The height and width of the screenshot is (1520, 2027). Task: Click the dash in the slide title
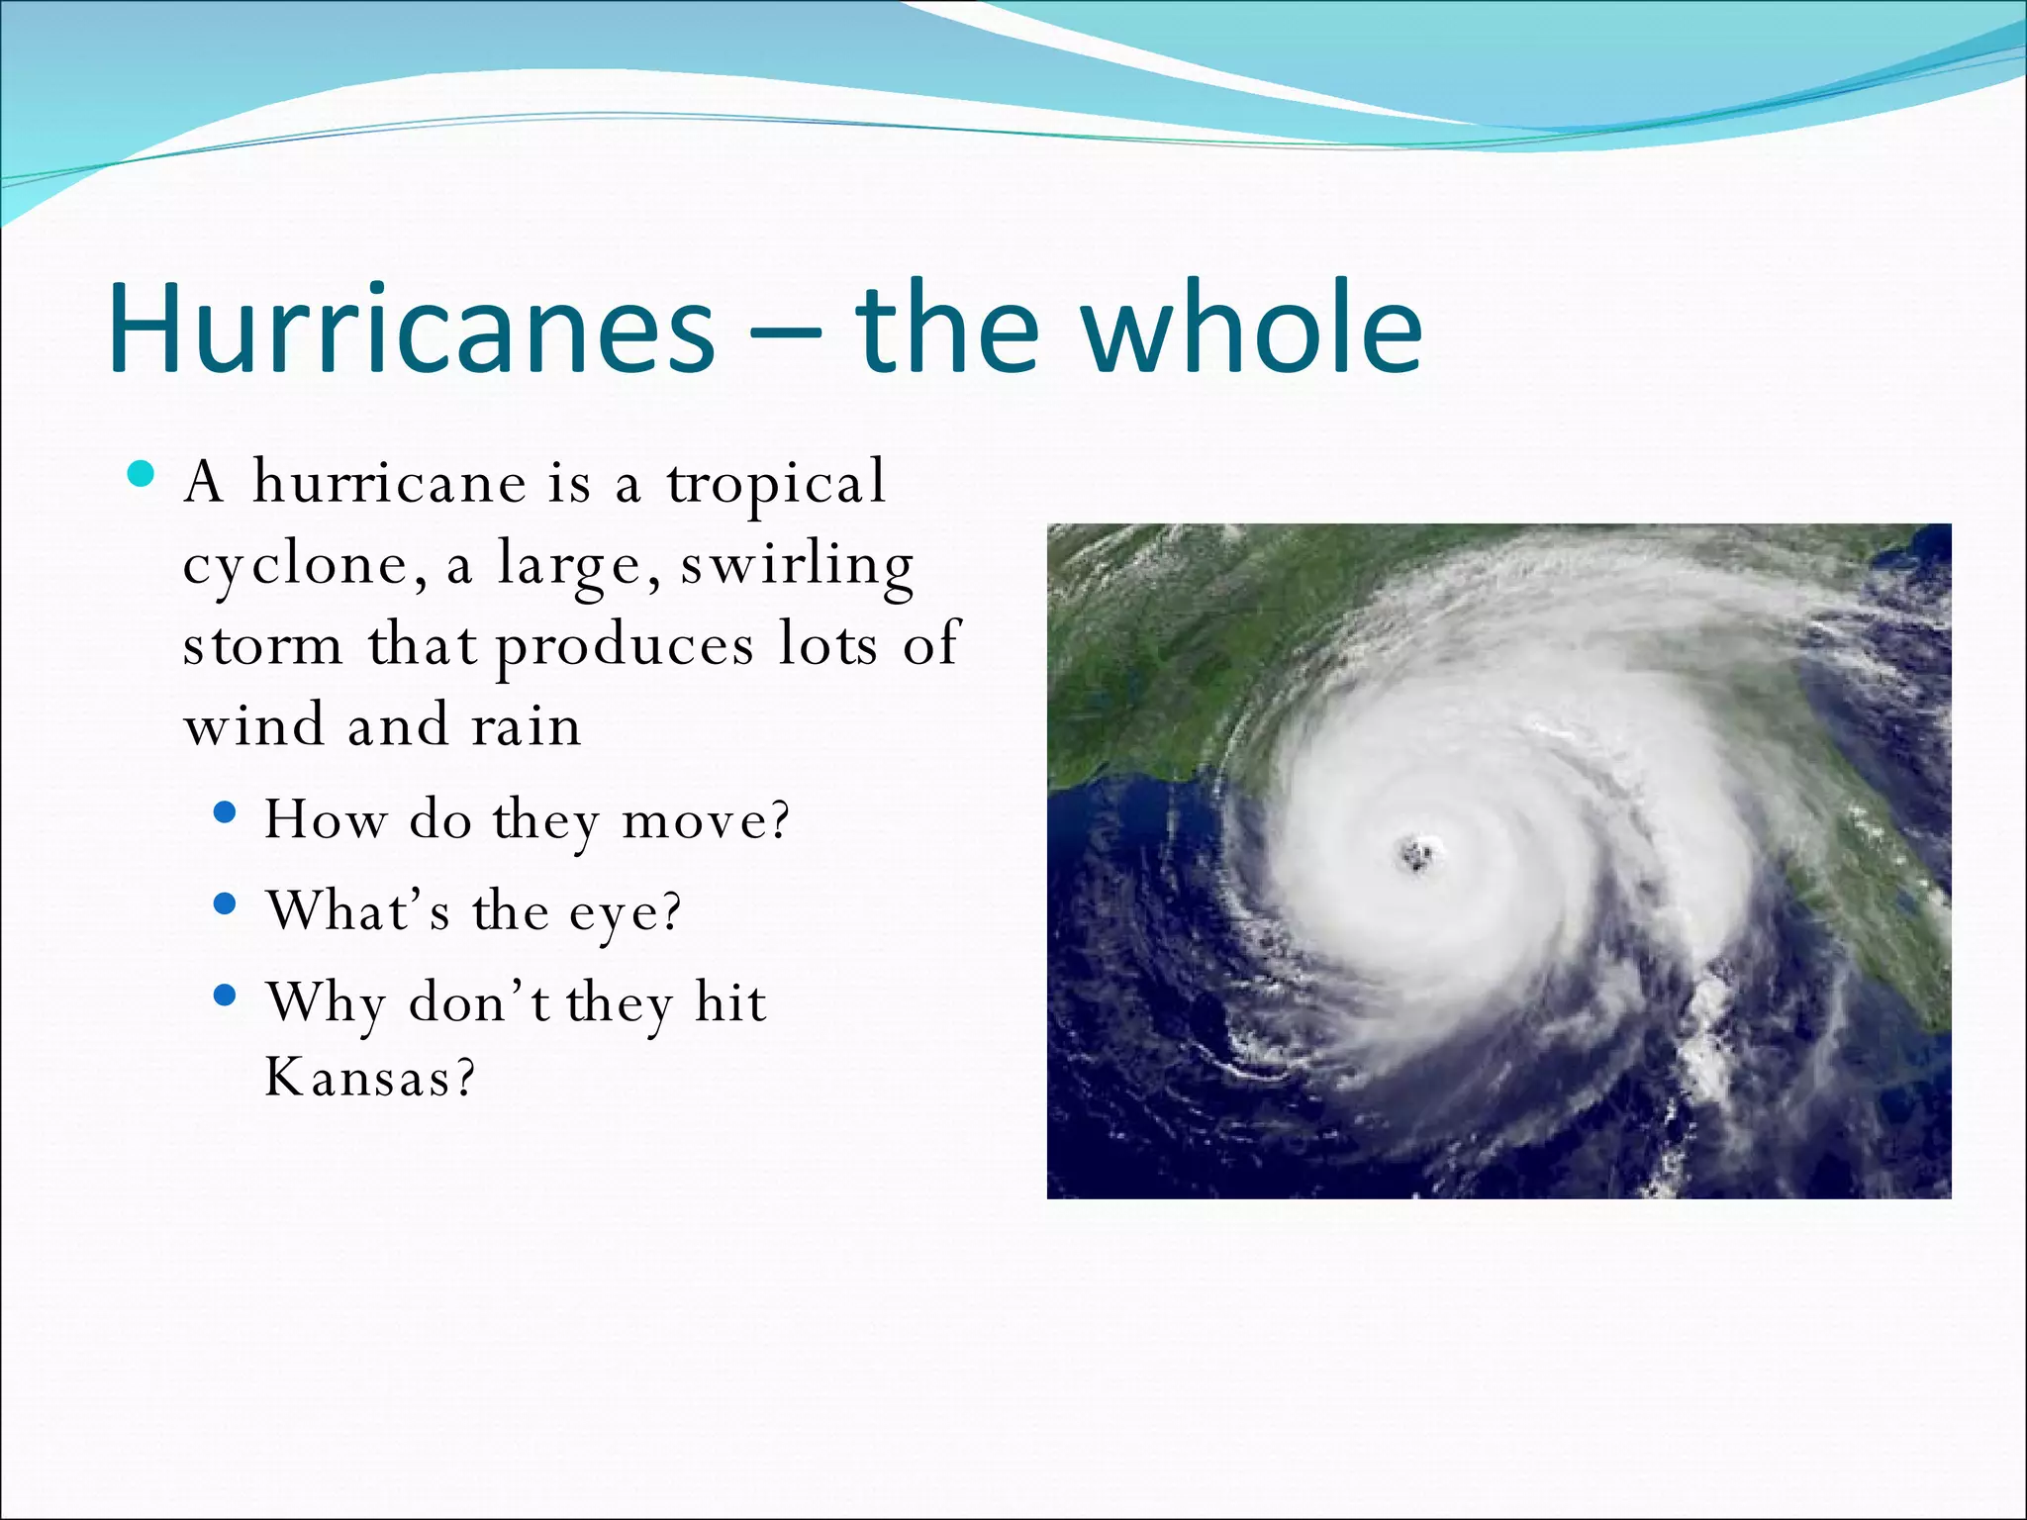785,334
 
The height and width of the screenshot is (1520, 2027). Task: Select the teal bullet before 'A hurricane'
142,474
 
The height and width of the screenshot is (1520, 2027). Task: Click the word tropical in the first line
776,485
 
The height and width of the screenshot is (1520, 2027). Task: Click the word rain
526,725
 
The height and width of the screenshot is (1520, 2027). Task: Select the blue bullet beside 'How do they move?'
226,812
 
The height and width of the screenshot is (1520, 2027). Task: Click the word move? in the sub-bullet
705,820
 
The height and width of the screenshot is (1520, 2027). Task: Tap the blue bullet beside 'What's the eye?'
226,903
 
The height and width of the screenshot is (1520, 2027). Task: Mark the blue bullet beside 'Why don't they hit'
226,995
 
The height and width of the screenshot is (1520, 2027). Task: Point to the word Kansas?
369,1077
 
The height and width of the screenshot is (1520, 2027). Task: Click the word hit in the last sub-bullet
730,1001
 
